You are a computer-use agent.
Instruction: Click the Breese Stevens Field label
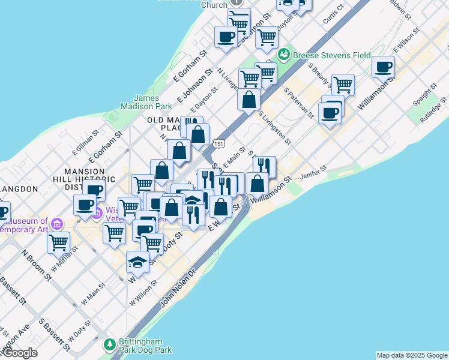pos(332,55)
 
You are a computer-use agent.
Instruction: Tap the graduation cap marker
pos(137,263)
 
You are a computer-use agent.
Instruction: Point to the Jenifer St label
pos(314,173)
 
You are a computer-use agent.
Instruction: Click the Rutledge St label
pos(434,110)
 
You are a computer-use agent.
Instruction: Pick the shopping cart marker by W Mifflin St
pos(58,242)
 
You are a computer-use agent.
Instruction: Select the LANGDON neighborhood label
pos(19,188)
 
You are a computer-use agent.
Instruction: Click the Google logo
pos(20,353)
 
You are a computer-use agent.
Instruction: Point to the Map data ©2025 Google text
pos(412,355)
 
